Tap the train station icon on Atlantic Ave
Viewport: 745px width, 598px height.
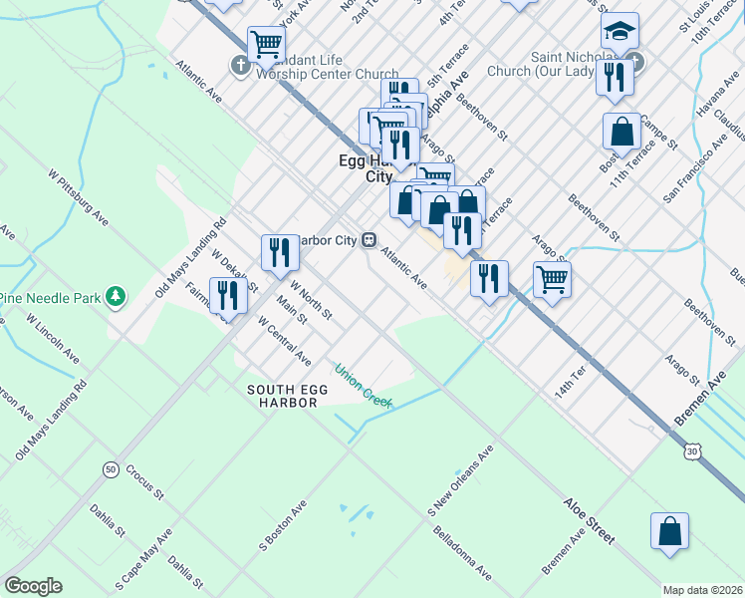point(369,239)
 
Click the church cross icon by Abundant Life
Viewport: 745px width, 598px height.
point(239,68)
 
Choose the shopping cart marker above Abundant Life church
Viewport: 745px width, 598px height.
point(266,44)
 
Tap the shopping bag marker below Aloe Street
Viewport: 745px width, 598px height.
point(669,531)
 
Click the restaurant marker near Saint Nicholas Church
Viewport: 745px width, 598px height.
point(615,77)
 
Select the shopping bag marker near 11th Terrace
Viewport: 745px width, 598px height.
point(621,131)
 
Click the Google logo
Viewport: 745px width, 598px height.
point(33,586)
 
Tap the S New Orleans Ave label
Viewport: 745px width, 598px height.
point(461,480)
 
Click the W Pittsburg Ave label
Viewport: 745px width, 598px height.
point(78,194)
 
